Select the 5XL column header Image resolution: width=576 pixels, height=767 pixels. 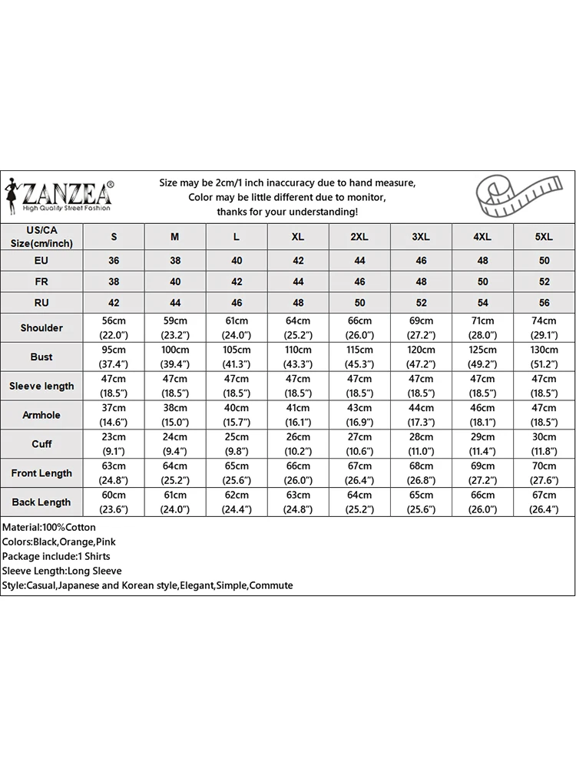click(544, 237)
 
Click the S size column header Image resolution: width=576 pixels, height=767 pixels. click(114, 237)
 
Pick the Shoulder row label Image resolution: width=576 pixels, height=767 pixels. click(41, 328)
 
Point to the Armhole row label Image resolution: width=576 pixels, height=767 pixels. click(41, 415)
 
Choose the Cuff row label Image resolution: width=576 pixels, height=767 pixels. click(41, 444)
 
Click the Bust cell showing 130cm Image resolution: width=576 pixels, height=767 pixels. click(544, 357)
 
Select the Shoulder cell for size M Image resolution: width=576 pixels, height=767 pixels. click(175, 328)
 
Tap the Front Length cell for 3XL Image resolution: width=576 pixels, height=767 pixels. click(421, 473)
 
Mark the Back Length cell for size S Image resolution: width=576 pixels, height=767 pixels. click(114, 502)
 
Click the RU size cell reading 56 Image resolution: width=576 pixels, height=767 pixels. click(544, 303)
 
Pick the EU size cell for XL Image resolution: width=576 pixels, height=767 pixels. click(298, 261)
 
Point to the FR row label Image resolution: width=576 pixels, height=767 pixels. click(41, 281)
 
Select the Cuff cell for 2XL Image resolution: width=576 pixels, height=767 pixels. click(359, 444)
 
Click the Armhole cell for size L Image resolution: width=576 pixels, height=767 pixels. click(237, 415)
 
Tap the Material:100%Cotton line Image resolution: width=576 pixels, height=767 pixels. click(49, 528)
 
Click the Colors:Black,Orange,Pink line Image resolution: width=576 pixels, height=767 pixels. click(58, 542)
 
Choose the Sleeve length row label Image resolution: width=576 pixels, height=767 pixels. click(41, 386)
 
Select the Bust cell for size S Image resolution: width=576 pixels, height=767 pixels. click(114, 357)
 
